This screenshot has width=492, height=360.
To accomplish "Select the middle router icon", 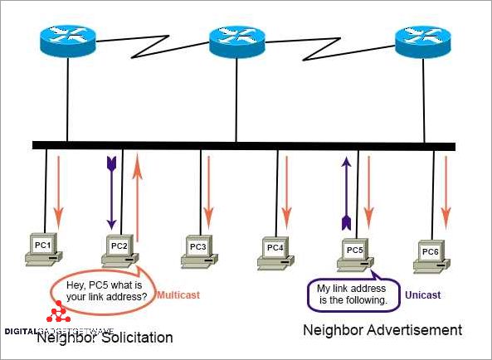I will (x=237, y=36).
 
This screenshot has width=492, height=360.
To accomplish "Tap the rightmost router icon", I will (x=423, y=36).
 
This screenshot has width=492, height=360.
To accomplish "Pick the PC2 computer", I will (x=119, y=250).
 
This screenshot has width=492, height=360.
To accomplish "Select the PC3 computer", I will (x=197, y=251).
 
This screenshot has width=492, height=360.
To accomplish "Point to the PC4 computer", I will (x=275, y=251).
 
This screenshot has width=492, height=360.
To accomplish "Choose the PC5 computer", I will (x=354, y=253).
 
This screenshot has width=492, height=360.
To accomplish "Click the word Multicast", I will (x=180, y=294).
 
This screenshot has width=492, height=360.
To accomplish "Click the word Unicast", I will (x=422, y=294).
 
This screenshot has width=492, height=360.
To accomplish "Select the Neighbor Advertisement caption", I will (x=382, y=330).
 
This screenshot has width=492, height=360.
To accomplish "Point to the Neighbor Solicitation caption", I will (x=105, y=338).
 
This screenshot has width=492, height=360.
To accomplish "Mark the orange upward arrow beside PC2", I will (x=139, y=199).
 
